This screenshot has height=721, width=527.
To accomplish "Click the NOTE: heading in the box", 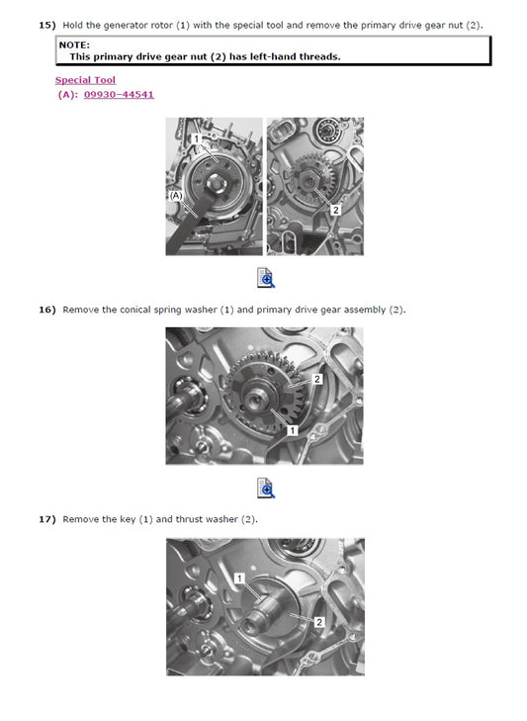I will (x=74, y=45).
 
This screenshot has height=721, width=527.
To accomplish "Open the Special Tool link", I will (x=85, y=80).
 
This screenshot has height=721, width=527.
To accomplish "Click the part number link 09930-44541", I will (x=118, y=95).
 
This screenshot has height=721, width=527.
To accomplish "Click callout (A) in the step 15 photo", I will (x=177, y=196).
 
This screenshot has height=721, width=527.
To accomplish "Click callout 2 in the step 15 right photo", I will (x=335, y=210).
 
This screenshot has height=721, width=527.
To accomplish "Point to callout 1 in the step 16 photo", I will (x=293, y=430).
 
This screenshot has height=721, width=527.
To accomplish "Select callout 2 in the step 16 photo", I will (x=317, y=379).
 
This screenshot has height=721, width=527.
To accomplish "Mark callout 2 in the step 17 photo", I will (x=318, y=622).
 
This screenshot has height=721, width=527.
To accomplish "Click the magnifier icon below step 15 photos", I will (x=265, y=278).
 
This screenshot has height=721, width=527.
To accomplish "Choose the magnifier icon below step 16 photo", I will (x=265, y=488).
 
